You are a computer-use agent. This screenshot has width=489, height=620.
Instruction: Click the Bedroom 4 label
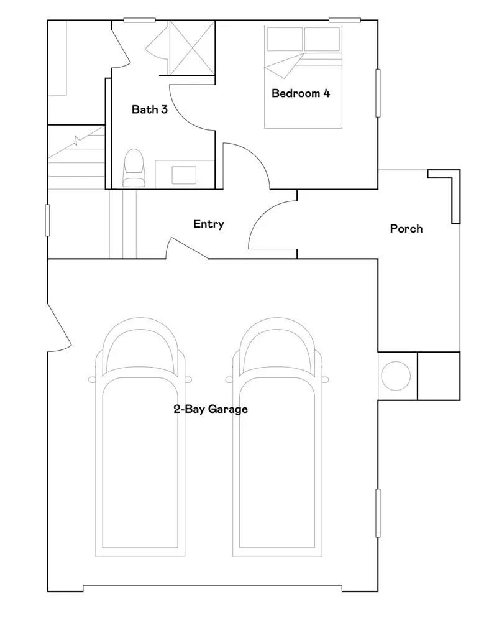pyautogui.click(x=300, y=94)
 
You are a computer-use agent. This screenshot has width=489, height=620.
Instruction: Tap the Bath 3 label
pyautogui.click(x=149, y=110)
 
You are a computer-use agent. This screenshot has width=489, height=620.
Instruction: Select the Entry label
pyautogui.click(x=208, y=224)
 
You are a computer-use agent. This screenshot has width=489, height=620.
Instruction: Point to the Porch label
pyautogui.click(x=406, y=229)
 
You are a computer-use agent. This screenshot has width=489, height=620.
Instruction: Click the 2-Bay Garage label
pyautogui.click(x=210, y=409)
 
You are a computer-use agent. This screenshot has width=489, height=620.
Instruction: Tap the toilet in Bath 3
pyautogui.click(x=133, y=169)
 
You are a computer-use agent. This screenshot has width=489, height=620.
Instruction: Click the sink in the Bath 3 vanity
pyautogui.click(x=183, y=174)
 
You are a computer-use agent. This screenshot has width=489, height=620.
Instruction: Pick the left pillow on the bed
pyautogui.click(x=285, y=39)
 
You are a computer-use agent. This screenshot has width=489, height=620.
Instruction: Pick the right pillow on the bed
pyautogui.click(x=322, y=39)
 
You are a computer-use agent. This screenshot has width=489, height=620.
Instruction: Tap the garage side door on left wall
pyautogui.click(x=58, y=326)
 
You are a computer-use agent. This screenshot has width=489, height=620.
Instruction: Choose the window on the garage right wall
pyautogui.click(x=377, y=513)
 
